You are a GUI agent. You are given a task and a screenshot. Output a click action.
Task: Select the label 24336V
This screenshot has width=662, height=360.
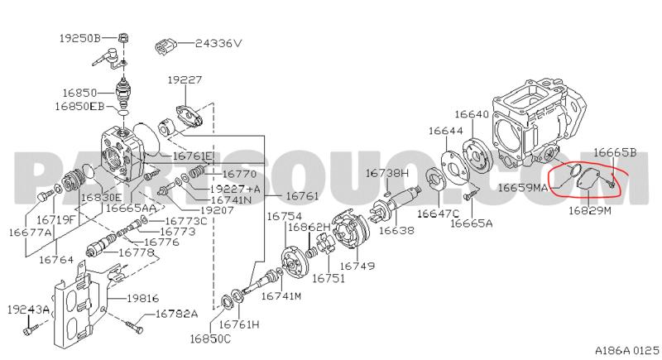[218, 43]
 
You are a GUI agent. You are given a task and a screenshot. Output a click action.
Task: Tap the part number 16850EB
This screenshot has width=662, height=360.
[80, 107]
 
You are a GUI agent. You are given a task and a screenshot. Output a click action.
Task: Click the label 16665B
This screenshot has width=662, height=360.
[614, 152]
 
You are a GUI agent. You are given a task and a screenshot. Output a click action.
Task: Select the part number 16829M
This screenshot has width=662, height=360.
[589, 212]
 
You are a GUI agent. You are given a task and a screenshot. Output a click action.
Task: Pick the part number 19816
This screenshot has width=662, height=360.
[142, 297]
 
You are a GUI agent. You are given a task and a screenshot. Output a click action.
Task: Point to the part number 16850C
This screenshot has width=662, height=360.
[210, 338]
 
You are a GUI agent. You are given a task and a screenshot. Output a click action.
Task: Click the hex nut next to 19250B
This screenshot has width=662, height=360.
[122, 37]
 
